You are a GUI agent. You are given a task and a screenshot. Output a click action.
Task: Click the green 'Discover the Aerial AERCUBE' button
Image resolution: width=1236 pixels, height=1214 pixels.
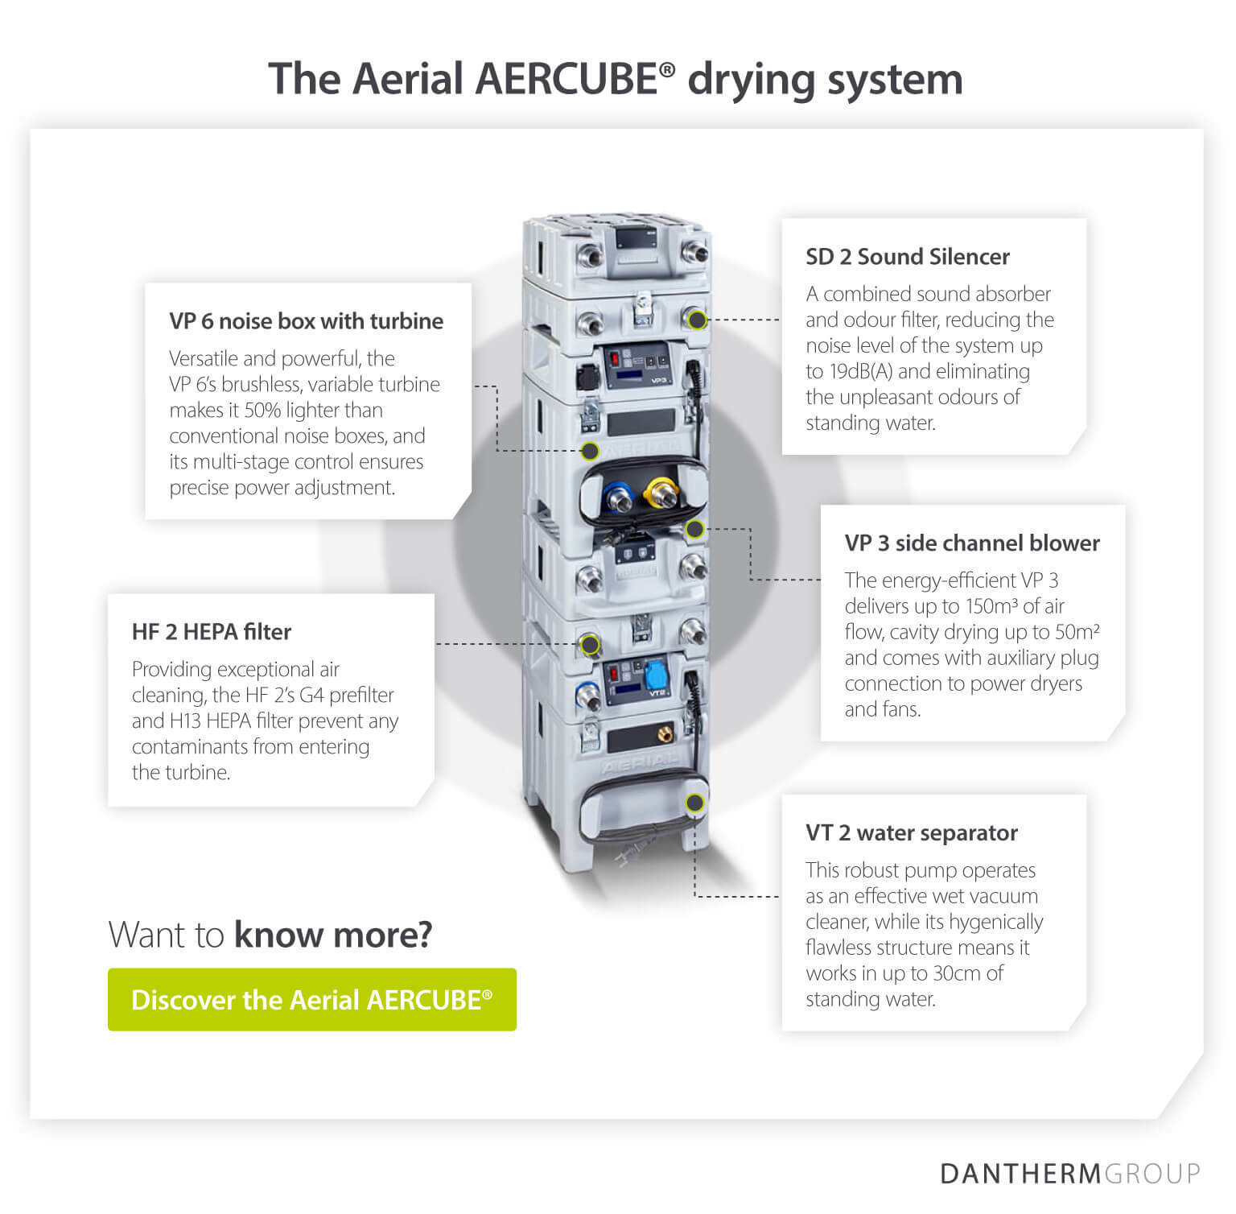(x=311, y=999)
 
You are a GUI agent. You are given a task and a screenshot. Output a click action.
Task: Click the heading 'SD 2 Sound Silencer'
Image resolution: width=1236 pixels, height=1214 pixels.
(x=907, y=257)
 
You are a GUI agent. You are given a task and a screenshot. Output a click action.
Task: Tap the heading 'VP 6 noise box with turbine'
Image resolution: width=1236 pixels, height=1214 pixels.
(x=306, y=321)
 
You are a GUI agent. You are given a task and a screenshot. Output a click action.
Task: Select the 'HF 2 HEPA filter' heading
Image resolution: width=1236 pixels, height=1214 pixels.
(x=211, y=632)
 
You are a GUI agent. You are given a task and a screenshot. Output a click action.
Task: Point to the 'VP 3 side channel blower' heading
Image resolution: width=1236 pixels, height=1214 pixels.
(x=971, y=543)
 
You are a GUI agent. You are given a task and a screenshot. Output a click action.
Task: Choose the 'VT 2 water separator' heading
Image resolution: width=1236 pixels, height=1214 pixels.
(x=911, y=833)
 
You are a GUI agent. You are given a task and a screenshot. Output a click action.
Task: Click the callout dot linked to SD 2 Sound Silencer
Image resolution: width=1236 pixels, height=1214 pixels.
(x=698, y=320)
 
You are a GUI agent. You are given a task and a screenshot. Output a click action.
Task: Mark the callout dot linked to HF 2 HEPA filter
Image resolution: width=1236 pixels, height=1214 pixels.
(x=590, y=644)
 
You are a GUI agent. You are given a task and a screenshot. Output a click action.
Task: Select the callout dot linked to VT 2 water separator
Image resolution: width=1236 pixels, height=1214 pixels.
(x=694, y=803)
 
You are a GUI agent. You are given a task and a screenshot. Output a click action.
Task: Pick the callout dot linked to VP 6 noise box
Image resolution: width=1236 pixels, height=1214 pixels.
(x=590, y=450)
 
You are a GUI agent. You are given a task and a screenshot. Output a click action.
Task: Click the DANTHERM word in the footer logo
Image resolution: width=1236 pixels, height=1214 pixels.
(x=1020, y=1173)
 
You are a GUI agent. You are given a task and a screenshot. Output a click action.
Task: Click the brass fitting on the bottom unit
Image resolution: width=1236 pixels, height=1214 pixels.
(x=665, y=734)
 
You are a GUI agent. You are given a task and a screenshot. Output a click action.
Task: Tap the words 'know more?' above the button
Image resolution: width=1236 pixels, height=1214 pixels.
(x=333, y=935)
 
